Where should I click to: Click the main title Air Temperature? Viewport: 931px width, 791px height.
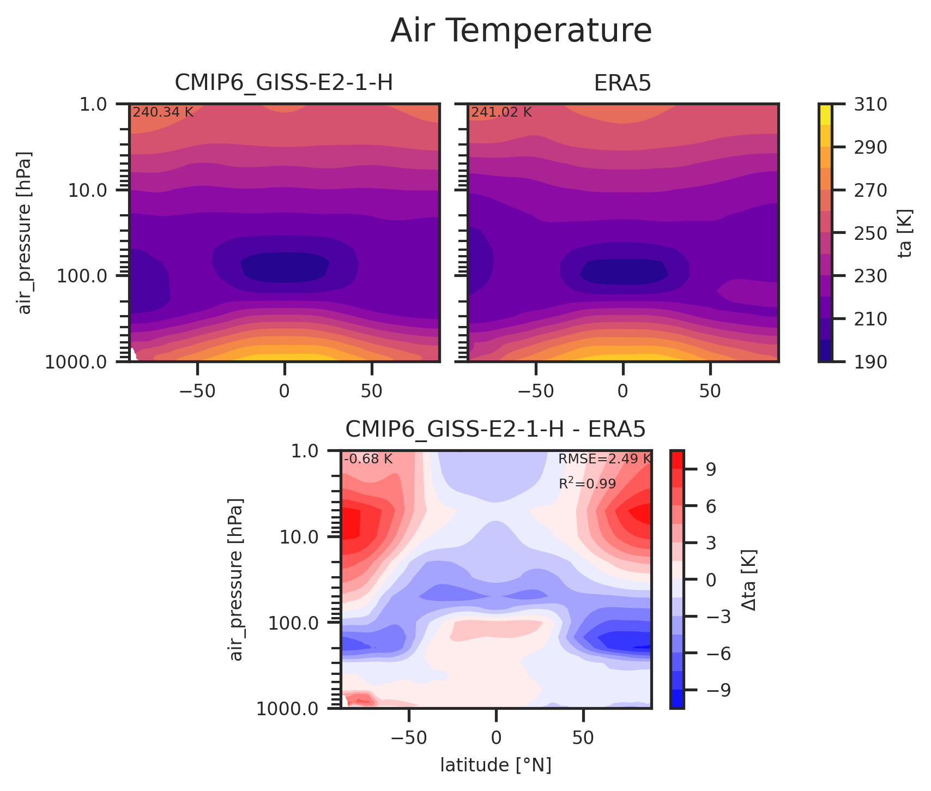point(521,31)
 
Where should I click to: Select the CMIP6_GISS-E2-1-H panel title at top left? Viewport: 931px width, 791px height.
point(283,83)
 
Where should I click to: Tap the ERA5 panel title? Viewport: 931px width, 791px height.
point(622,83)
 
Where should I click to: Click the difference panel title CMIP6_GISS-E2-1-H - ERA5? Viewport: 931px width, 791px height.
point(495,430)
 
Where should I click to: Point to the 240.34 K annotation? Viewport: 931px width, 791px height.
point(163,113)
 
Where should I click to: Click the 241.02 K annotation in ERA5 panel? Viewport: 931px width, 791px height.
point(501,113)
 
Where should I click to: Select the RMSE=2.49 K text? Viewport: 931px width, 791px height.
point(604,459)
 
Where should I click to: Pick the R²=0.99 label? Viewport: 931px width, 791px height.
point(587,484)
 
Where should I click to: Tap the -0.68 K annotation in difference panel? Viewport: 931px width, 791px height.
point(368,459)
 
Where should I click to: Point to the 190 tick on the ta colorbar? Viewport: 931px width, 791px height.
point(866,361)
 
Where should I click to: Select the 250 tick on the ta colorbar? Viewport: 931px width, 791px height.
point(866,233)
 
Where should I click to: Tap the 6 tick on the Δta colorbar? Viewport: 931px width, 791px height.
point(711,506)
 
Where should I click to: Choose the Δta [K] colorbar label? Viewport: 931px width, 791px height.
point(749,579)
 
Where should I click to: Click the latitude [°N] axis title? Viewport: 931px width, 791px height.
point(495,765)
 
